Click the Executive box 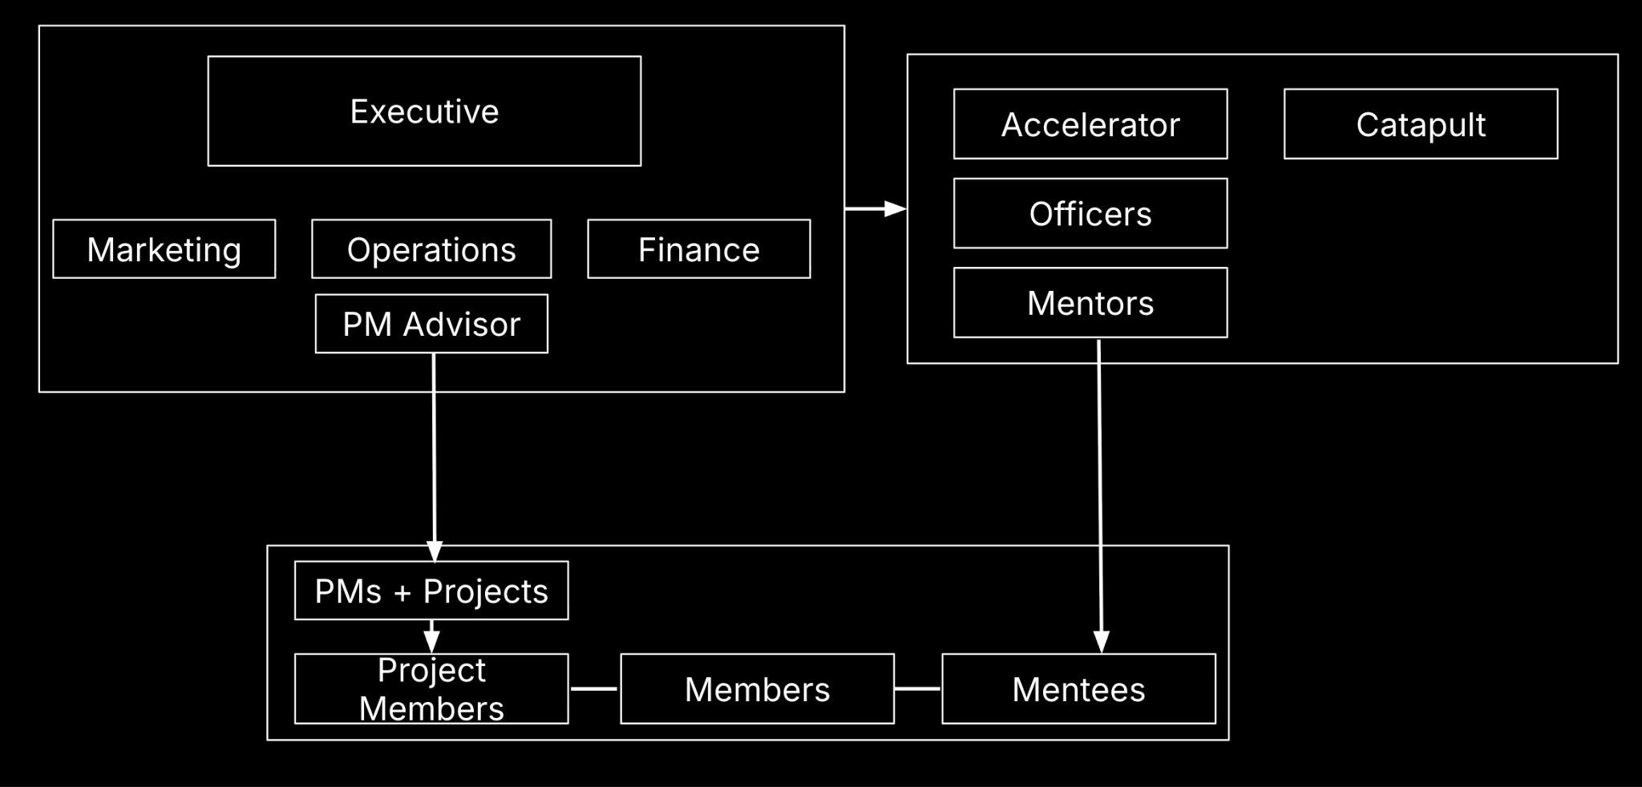(x=424, y=111)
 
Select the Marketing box (x=164, y=249)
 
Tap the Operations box (x=431, y=249)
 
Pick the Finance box (x=698, y=249)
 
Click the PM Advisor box (x=431, y=324)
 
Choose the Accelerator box (x=1090, y=124)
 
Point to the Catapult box (x=1421, y=124)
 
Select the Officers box (x=1090, y=213)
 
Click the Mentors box (x=1090, y=303)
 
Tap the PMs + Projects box (x=431, y=591)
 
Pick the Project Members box (x=431, y=689)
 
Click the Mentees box (x=1078, y=689)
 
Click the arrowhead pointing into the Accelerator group (x=895, y=209)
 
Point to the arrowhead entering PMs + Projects (x=435, y=551)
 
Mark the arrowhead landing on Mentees (x=1102, y=642)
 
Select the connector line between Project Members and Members (x=594, y=688)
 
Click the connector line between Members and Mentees (x=917, y=688)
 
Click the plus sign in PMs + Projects (x=402, y=593)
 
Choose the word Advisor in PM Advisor (x=462, y=325)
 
